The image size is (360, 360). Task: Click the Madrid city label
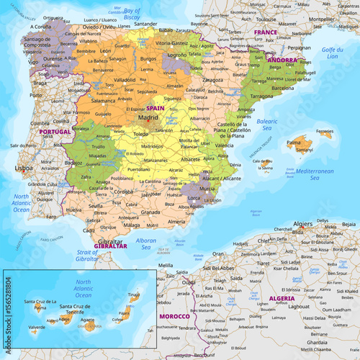148,116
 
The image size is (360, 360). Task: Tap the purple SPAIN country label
156,107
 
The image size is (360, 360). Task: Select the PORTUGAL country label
55,132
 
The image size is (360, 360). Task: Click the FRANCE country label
266,32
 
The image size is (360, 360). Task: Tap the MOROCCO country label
174,316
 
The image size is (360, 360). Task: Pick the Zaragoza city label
212,79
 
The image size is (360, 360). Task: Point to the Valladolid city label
124,79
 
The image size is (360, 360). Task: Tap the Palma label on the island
294,143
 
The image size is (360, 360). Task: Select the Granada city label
150,212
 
